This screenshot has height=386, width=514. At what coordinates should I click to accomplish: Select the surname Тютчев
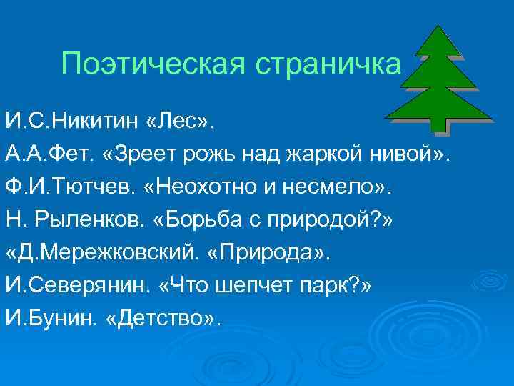[x=92, y=185]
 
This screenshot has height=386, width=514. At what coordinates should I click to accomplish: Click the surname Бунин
[x=71, y=317]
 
